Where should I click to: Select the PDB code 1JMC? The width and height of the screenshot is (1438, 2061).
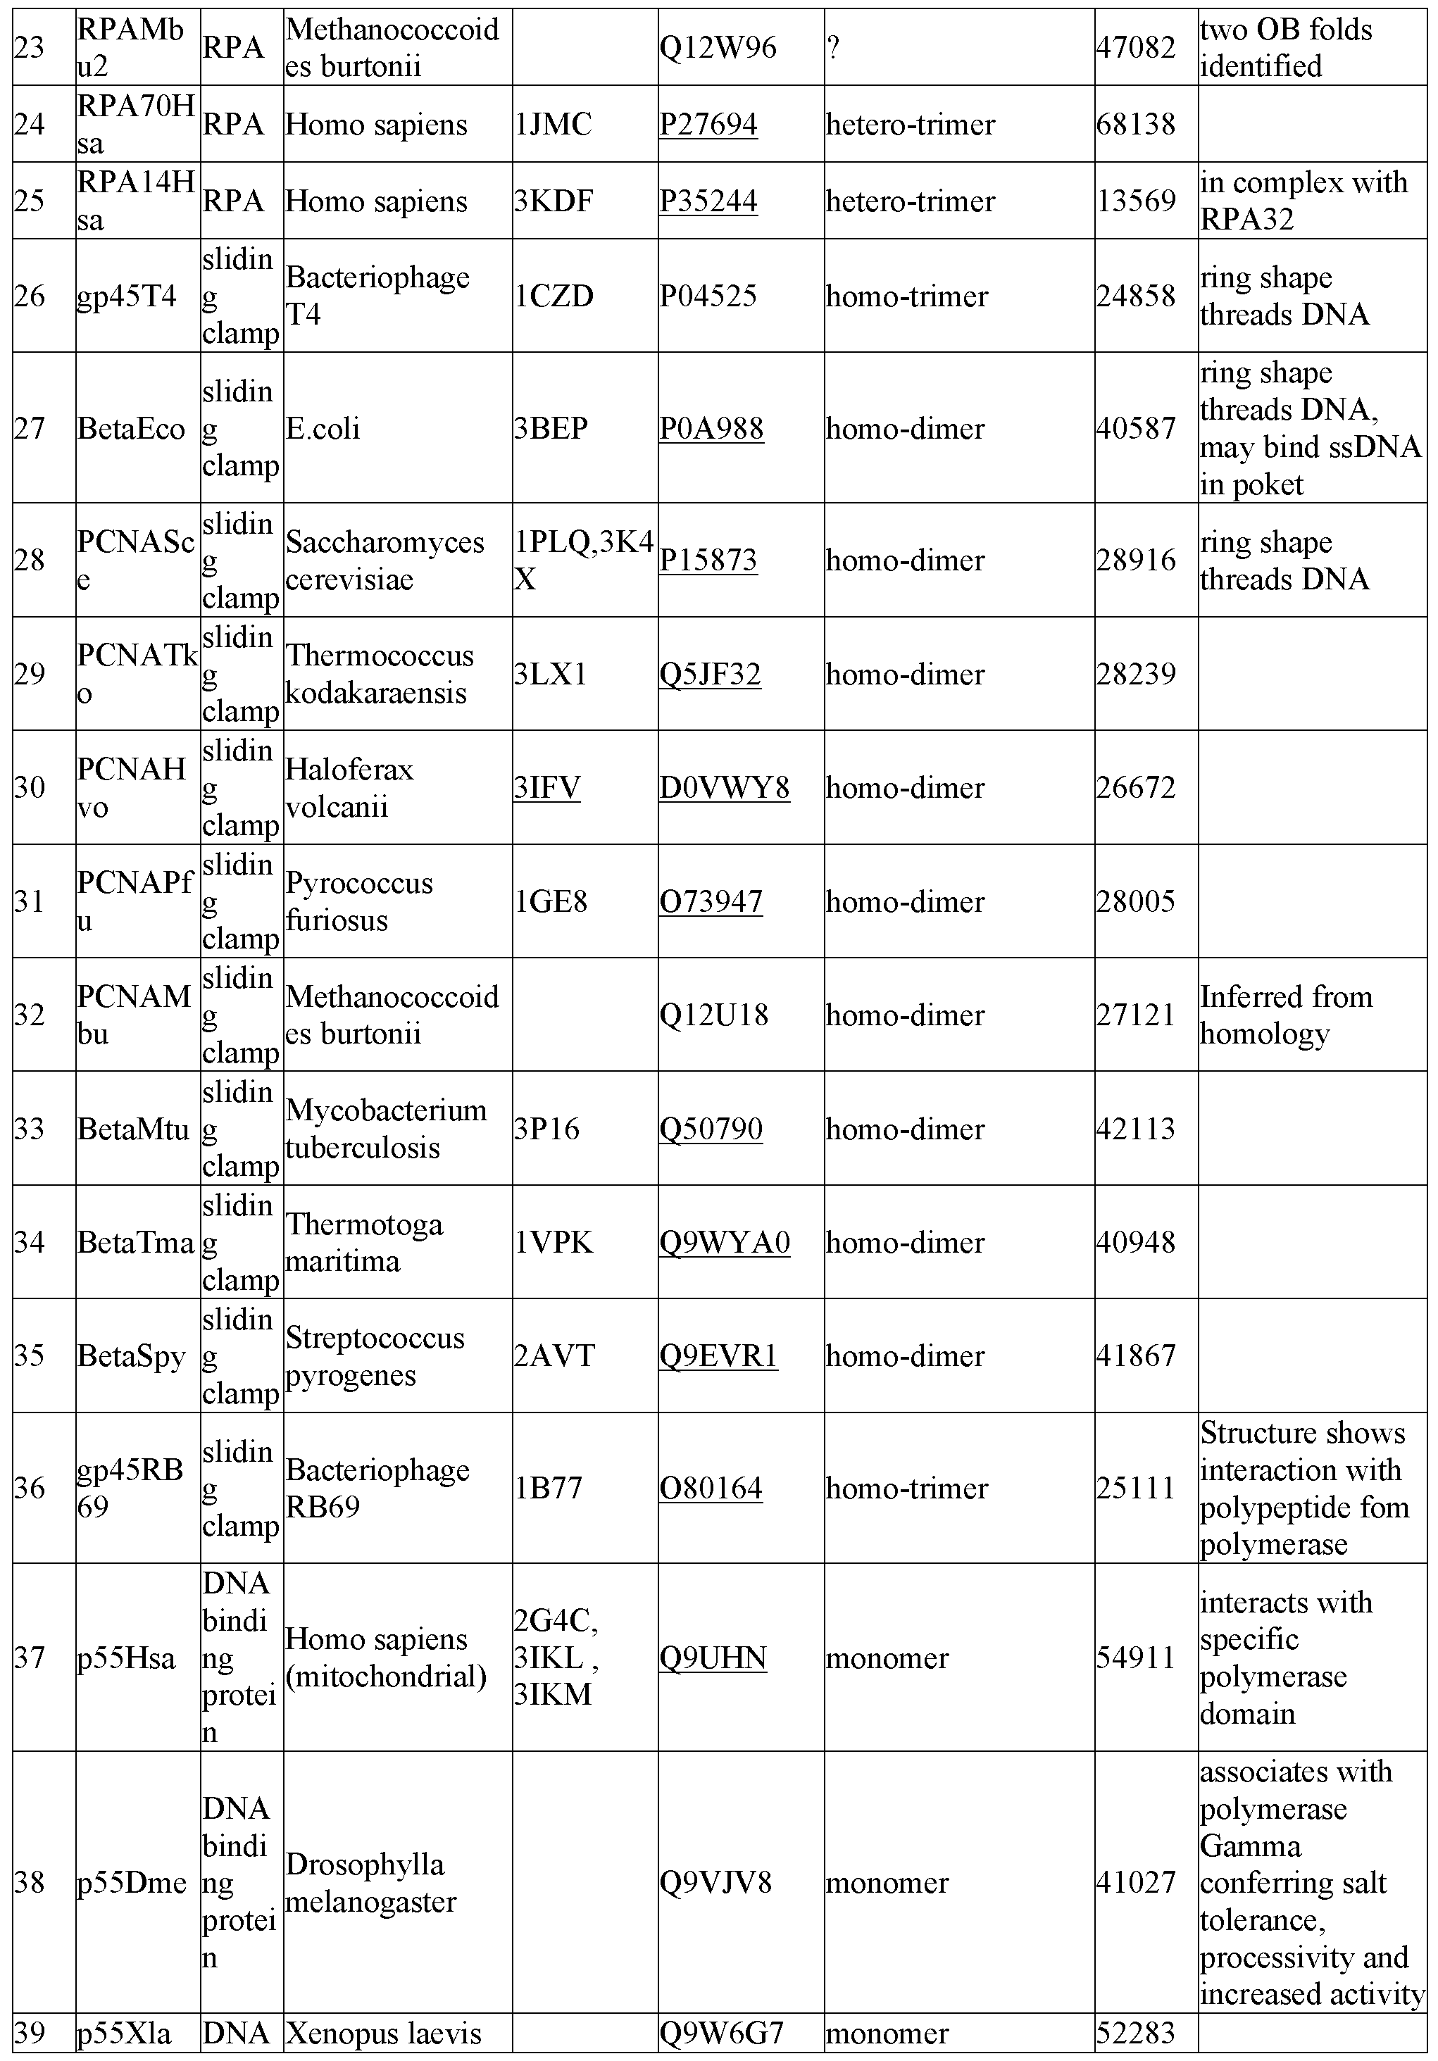coord(553,124)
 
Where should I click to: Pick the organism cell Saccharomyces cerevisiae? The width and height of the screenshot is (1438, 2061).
coord(385,560)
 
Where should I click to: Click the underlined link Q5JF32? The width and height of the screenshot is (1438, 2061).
coord(710,673)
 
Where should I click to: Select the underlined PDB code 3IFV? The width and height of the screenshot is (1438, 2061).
coord(546,787)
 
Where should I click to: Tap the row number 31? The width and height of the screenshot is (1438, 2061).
coord(30,901)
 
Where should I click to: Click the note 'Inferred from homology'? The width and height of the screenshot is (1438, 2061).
coord(1285,1015)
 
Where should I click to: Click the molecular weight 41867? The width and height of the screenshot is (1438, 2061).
coord(1135,1355)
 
